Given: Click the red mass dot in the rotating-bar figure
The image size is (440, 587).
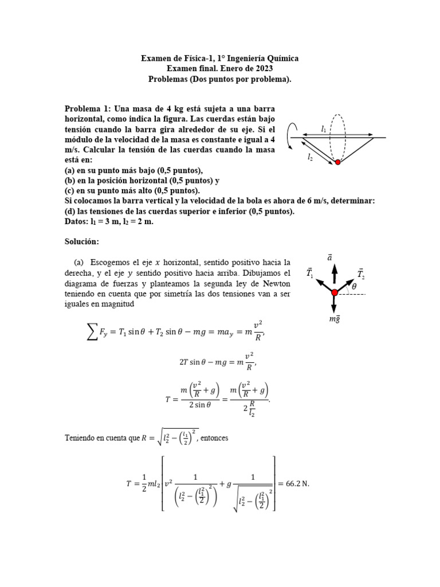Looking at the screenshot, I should pyautogui.click(x=338, y=162).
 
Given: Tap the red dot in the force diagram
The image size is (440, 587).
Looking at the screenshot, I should pyautogui.click(x=335, y=293).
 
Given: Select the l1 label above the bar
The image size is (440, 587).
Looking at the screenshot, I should pyautogui.click(x=324, y=129).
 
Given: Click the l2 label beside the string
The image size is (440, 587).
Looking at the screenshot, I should pyautogui.click(x=310, y=156).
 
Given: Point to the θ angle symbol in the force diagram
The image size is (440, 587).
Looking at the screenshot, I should pyautogui.click(x=353, y=286).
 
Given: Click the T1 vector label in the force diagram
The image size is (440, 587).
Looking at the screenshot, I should pyautogui.click(x=310, y=273).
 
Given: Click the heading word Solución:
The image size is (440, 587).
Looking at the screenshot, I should pyautogui.click(x=82, y=242).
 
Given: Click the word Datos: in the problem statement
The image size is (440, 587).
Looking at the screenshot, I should pyautogui.click(x=77, y=222).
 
